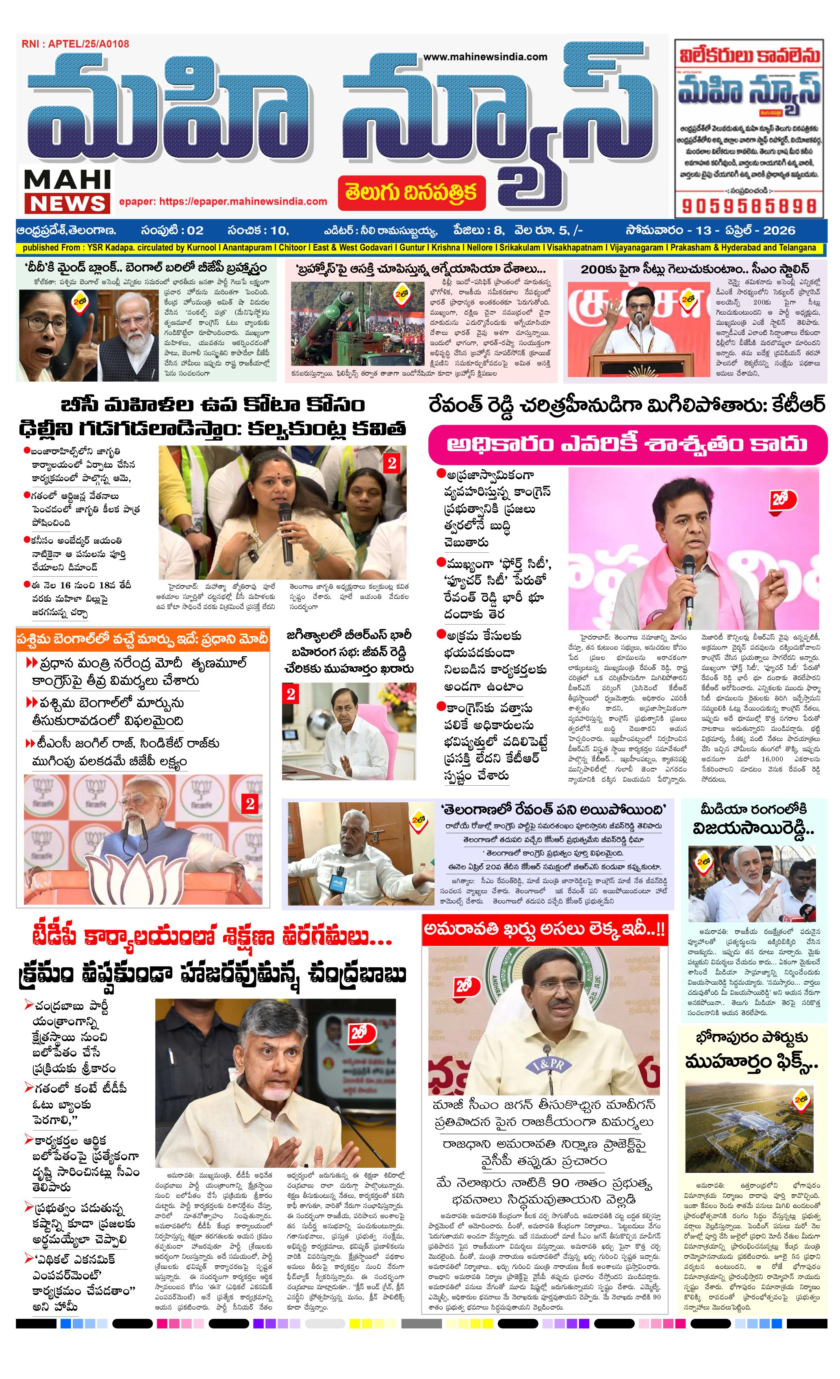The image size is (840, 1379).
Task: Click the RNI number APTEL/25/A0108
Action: pos(75,44)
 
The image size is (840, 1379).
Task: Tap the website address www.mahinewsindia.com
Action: pos(485,56)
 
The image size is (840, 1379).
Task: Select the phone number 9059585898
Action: pos(749,206)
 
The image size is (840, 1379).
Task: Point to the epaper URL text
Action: pos(223,201)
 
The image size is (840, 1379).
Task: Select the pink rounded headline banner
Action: pos(627,444)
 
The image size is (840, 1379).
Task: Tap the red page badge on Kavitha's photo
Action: pos(391,463)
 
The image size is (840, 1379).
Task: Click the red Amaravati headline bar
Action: pos(544,929)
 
